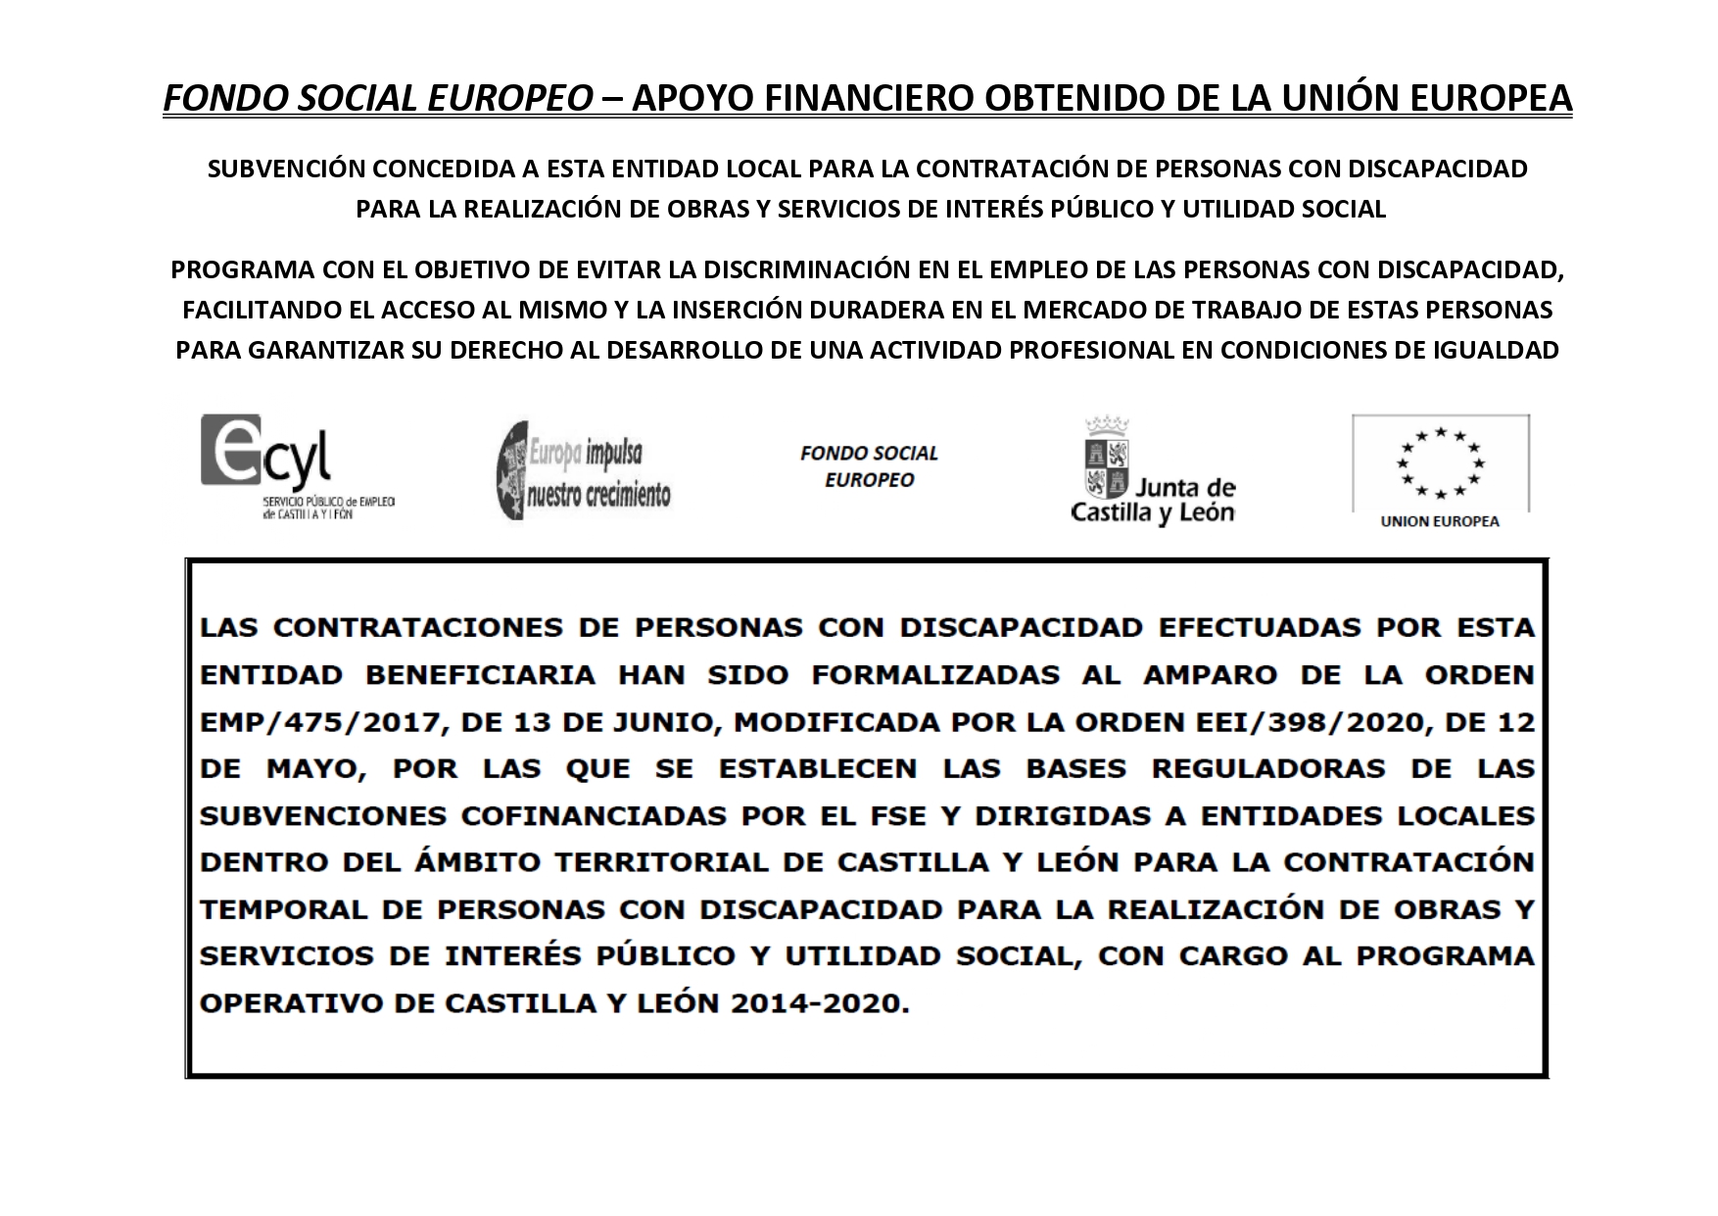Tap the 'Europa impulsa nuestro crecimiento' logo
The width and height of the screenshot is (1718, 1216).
click(x=585, y=470)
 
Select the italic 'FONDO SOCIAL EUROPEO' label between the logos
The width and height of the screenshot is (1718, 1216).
click(x=869, y=466)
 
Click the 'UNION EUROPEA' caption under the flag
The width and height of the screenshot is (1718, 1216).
click(x=1440, y=521)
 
